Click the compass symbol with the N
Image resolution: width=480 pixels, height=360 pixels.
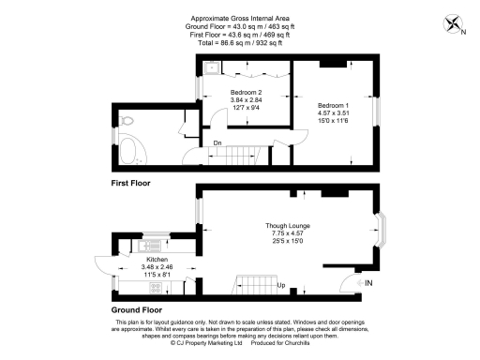pyautogui.click(x=454, y=25)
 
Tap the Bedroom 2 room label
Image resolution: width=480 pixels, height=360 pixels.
pyautogui.click(x=246, y=92)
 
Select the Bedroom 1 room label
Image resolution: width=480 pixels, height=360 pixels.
pyautogui.click(x=334, y=104)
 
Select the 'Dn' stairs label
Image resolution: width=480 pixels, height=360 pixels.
pyautogui.click(x=217, y=143)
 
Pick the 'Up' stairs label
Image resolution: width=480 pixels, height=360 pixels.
pyautogui.click(x=280, y=284)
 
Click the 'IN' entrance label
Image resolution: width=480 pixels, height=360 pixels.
pyautogui.click(x=368, y=283)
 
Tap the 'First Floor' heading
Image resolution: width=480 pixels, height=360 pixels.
pyautogui.click(x=130, y=182)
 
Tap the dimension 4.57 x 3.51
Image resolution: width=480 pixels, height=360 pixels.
pyautogui.click(x=334, y=112)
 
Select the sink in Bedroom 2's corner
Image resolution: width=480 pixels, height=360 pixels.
pyautogui.click(x=213, y=67)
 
